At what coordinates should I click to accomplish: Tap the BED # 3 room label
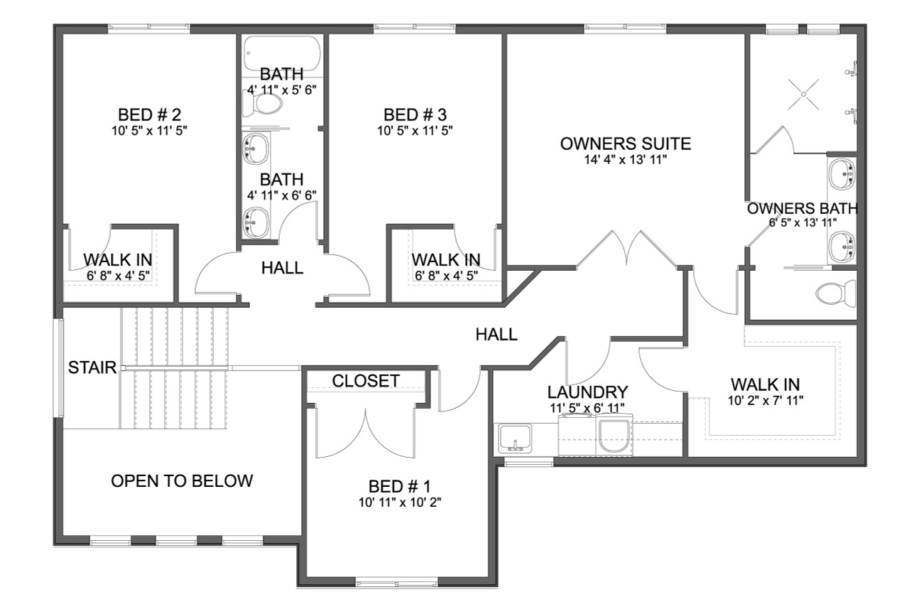tap(415, 114)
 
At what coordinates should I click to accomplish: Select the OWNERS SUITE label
tap(625, 144)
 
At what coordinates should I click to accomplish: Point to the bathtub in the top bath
tap(282, 52)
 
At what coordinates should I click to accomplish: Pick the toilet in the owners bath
tap(836, 292)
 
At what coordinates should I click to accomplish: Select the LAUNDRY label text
tap(587, 392)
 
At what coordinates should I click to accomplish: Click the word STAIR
tap(92, 367)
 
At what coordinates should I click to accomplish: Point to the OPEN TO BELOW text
tap(182, 481)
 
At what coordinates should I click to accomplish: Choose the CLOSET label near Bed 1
tap(366, 381)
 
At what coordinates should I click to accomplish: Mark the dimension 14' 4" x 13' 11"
tap(625, 160)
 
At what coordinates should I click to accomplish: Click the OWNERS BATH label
tap(802, 209)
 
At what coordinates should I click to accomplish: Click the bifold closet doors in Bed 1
tap(365, 434)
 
